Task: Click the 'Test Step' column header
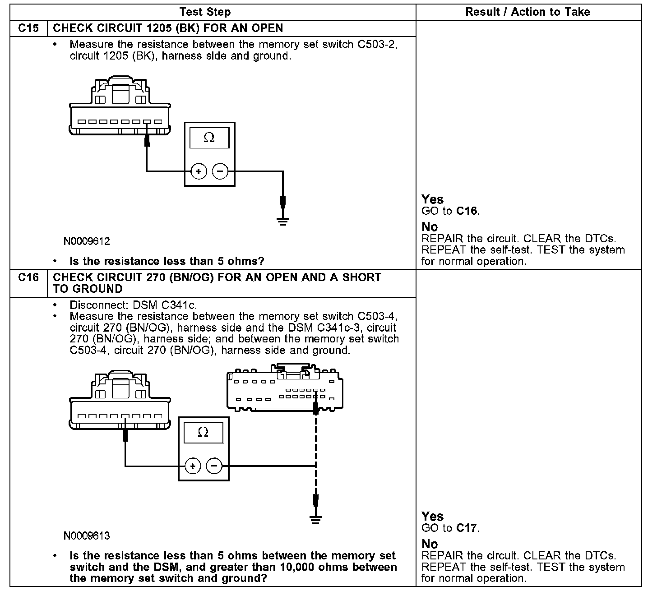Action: click(x=205, y=12)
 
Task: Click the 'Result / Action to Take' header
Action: click(x=527, y=12)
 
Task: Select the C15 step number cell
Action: click(x=28, y=28)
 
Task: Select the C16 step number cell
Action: click(x=28, y=277)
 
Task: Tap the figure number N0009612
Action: click(x=87, y=241)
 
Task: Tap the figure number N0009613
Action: click(x=87, y=536)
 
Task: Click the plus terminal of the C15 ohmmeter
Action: click(x=199, y=171)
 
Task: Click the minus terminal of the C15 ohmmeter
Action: click(x=220, y=171)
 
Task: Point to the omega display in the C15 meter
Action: click(x=209, y=138)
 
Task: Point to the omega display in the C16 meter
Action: click(x=203, y=432)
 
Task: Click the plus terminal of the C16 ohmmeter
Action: click(x=193, y=466)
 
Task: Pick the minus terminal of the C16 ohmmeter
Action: click(x=214, y=466)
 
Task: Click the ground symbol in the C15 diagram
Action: click(x=283, y=221)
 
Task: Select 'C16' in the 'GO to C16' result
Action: click(x=467, y=211)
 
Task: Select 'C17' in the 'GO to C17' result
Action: click(x=467, y=528)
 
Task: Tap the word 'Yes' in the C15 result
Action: click(x=432, y=199)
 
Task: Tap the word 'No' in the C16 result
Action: click(x=430, y=544)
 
